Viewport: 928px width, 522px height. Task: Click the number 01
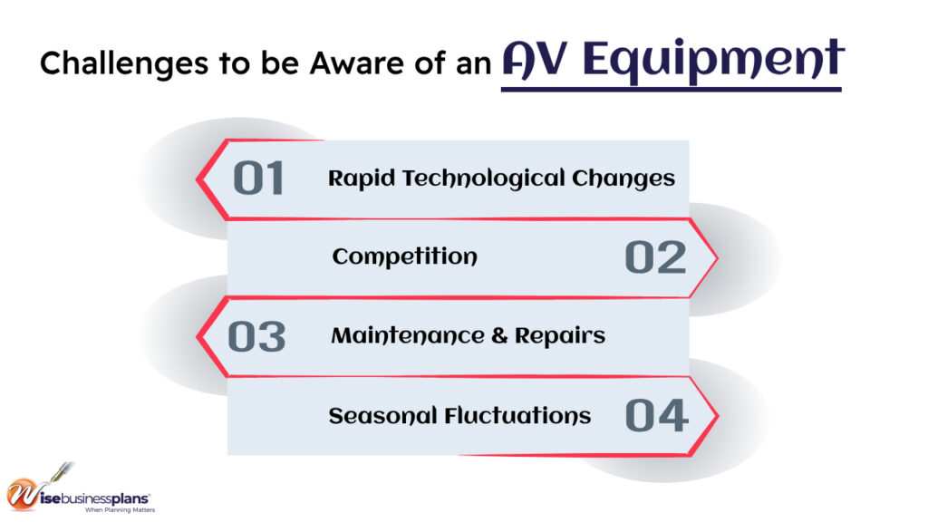click(258, 179)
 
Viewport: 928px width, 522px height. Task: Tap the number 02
click(656, 257)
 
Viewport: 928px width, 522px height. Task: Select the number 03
click(256, 337)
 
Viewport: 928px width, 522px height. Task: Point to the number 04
click(657, 415)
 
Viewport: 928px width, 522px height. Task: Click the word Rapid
click(361, 179)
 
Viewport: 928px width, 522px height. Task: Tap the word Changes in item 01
click(623, 179)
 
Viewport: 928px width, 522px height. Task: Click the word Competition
click(405, 256)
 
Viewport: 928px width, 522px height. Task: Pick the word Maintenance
click(408, 335)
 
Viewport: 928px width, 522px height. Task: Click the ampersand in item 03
click(499, 335)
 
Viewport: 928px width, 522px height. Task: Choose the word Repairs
click(560, 336)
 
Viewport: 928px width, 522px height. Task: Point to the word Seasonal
click(382, 416)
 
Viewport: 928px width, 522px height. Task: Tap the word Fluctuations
click(517, 415)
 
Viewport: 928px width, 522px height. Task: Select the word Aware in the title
click(357, 63)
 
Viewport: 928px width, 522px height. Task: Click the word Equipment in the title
click(713, 59)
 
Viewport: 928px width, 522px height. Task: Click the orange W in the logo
click(23, 494)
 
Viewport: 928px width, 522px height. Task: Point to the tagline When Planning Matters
click(121, 509)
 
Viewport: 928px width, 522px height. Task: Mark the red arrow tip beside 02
click(717, 258)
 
